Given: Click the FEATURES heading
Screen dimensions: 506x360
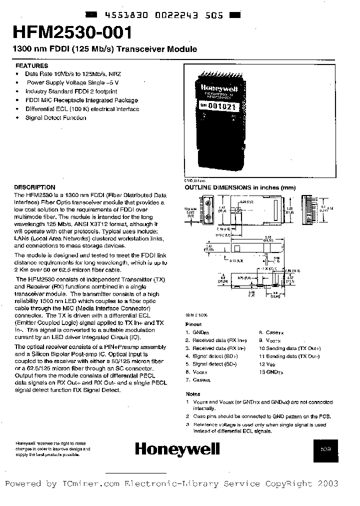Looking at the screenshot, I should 32,65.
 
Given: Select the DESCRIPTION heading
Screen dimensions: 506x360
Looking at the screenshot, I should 34,187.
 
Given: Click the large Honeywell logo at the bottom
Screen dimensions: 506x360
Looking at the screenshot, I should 177,449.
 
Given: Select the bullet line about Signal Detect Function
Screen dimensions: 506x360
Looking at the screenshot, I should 55,118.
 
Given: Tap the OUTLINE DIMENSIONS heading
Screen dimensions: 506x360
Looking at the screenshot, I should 240,187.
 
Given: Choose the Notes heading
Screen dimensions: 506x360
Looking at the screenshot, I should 192,394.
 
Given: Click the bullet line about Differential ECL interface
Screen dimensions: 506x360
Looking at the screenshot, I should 82,109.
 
